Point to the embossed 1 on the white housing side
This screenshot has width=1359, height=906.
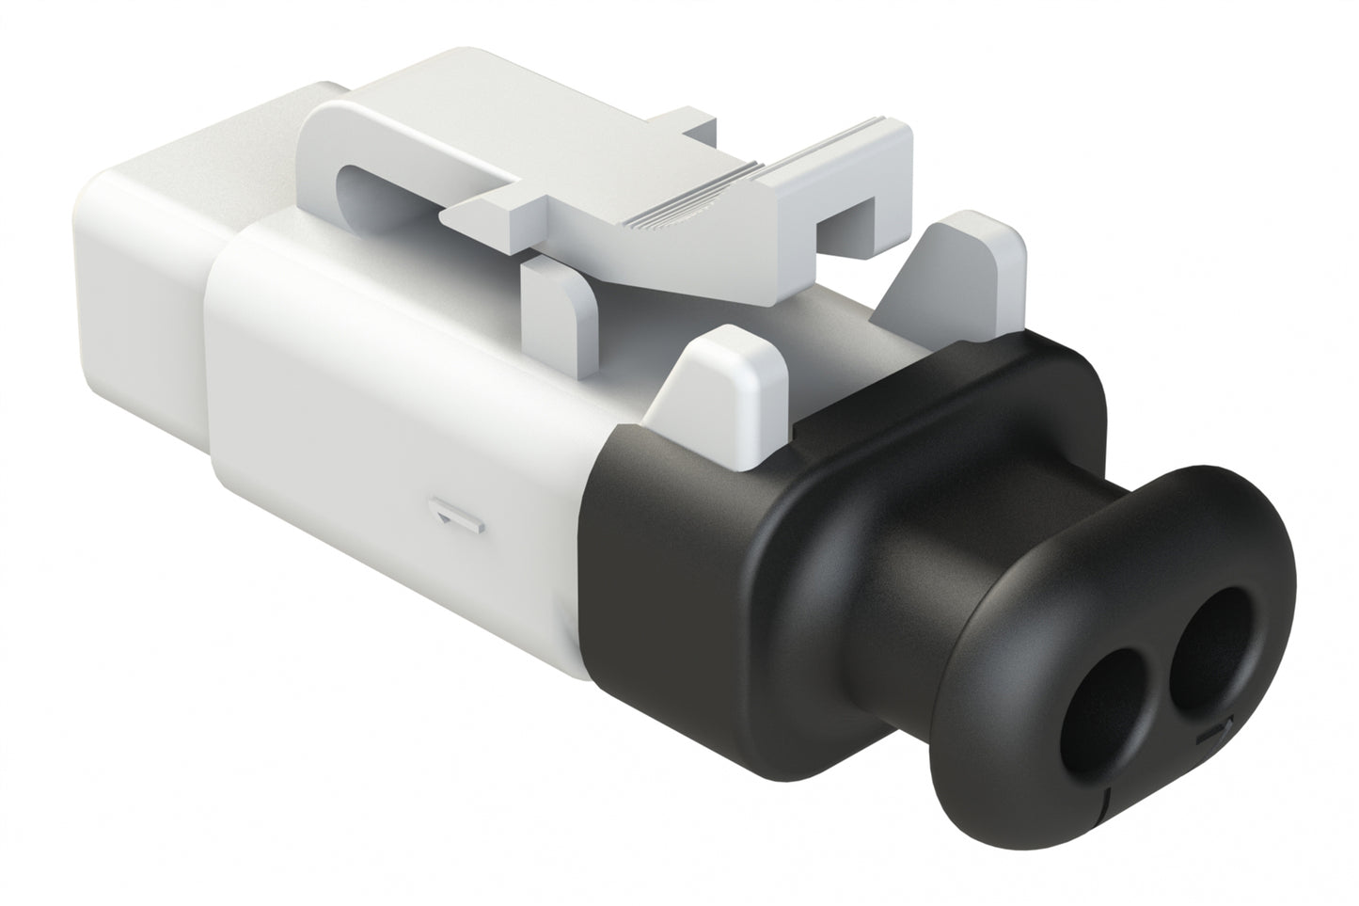pyautogui.click(x=456, y=517)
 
